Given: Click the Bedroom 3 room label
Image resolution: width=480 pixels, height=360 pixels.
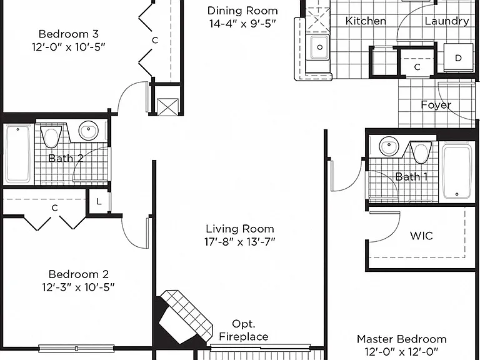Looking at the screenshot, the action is click(69, 33).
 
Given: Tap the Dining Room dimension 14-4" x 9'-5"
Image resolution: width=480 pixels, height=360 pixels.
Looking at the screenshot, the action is click(242, 24).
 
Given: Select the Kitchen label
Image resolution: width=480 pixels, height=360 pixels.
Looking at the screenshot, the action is click(366, 21).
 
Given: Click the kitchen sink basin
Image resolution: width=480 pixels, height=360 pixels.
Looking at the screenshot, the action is click(319, 47).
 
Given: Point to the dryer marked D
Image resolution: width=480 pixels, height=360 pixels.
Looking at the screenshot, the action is click(458, 58).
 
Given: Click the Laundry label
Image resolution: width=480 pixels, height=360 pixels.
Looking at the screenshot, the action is click(447, 21).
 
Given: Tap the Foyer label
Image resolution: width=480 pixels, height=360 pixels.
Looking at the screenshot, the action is click(436, 105).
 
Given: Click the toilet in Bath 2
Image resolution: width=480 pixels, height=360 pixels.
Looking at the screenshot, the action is click(51, 136).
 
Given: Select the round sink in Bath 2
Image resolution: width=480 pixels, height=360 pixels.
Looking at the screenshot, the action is click(89, 130).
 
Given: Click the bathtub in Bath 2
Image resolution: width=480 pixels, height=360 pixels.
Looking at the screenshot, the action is click(18, 154).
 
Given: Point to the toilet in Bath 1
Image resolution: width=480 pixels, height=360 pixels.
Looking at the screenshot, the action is click(421, 152).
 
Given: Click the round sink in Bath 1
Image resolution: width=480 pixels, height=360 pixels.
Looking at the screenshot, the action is click(389, 146).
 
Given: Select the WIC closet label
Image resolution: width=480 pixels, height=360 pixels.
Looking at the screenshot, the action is click(421, 236).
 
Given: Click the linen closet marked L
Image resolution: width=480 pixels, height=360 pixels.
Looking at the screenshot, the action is click(99, 201).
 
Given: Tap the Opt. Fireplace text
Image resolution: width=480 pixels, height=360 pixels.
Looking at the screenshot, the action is click(244, 330).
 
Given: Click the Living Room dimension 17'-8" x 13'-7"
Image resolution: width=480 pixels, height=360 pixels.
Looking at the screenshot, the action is click(240, 242).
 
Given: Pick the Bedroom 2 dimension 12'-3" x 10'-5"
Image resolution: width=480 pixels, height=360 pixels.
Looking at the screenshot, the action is click(78, 287).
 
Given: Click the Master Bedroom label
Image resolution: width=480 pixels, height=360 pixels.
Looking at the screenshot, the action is click(402, 339).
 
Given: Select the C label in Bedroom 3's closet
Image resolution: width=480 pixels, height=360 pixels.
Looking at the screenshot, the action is click(155, 40).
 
